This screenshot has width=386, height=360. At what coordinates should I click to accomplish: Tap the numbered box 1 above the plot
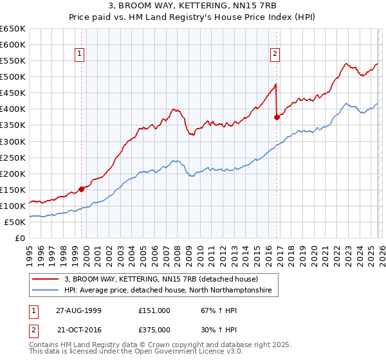[x=80, y=55]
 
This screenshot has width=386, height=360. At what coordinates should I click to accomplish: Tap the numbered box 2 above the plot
[x=275, y=55]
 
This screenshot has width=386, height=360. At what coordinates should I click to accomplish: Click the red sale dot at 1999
[x=82, y=189]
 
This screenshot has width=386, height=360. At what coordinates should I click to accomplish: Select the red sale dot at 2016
[x=277, y=117]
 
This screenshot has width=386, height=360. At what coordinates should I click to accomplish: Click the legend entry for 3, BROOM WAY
[x=161, y=279]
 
